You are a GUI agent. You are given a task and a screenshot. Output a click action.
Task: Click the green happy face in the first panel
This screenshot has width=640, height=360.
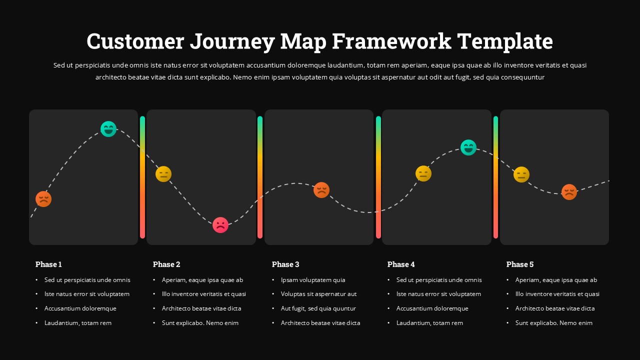click(108, 129)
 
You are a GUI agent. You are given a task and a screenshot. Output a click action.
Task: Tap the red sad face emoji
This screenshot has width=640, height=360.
click(220, 225)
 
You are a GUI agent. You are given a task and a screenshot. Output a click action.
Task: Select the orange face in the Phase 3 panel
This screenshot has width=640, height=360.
click(321, 190)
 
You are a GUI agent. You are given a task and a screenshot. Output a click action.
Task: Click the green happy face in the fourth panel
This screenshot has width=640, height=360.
click(468, 147)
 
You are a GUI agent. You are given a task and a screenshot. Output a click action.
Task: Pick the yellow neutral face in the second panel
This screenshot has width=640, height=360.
click(163, 174)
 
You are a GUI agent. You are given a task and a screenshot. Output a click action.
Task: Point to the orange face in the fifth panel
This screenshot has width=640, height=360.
click(569, 192)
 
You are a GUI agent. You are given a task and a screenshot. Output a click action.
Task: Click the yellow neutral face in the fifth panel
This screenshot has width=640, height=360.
click(521, 174)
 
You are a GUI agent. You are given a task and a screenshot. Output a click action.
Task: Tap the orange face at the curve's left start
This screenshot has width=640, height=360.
click(43, 199)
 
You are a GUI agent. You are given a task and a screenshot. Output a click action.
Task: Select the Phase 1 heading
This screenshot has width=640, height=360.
click(48, 264)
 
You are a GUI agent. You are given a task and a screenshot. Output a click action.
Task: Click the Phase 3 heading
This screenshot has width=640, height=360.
click(285, 264)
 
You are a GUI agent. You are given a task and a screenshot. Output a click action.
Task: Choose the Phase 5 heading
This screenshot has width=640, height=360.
click(520, 264)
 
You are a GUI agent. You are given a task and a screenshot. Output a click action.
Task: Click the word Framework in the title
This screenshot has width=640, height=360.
click(391, 41)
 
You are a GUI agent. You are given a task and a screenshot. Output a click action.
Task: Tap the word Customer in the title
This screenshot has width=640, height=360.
click(135, 41)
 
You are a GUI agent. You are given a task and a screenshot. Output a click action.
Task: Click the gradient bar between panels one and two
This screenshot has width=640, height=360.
click(142, 177)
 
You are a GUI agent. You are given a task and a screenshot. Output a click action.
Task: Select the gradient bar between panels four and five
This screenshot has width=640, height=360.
click(495, 177)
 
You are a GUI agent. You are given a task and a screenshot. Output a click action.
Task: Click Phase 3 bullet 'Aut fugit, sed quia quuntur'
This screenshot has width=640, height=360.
click(318, 308)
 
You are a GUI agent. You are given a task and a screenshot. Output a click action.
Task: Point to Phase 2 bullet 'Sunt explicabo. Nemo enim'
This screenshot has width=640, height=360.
click(200, 323)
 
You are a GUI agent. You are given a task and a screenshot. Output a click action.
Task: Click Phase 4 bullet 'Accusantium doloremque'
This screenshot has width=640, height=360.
click(432, 308)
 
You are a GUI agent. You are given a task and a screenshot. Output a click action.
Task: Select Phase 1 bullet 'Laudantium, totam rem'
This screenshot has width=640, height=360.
click(77, 323)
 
